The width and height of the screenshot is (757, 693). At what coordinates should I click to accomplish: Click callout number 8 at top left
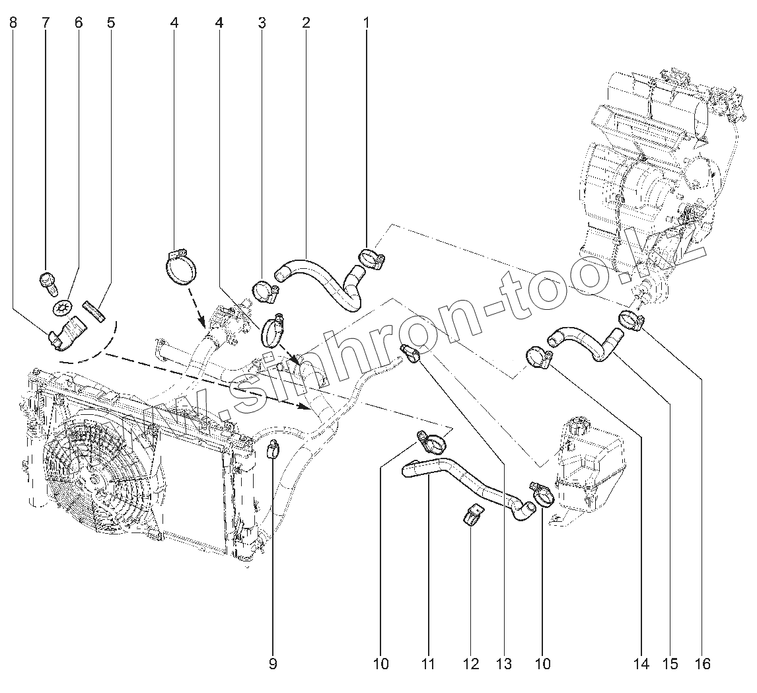pos(14,22)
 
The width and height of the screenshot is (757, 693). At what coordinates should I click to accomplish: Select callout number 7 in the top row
pos(46,22)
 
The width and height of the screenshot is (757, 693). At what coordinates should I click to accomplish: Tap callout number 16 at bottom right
pos(703,663)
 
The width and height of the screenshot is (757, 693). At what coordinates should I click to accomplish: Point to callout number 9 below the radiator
pos(273,663)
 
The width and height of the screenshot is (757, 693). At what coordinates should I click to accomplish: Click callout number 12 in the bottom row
pos(471,663)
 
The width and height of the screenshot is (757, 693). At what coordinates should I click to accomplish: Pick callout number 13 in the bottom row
pos(504,663)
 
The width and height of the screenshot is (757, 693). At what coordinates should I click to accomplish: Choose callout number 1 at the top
pos(365,22)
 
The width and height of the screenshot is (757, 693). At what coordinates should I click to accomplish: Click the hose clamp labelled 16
pos(631,320)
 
